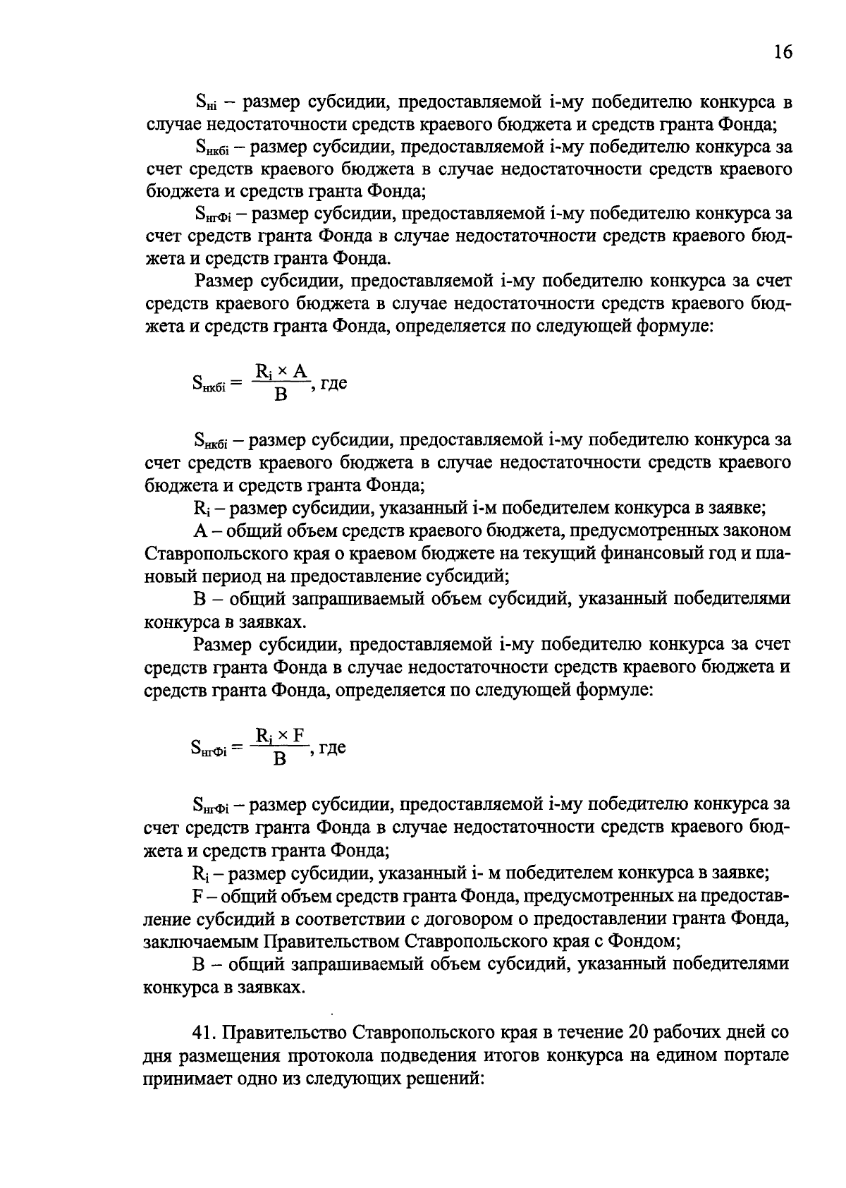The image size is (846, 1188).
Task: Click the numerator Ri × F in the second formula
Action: (281, 736)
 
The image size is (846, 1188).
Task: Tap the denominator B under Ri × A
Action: (281, 395)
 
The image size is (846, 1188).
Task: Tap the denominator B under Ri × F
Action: (280, 759)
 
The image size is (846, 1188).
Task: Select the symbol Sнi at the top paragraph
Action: (205, 103)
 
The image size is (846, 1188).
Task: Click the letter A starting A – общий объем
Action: (199, 531)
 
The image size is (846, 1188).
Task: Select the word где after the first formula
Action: (333, 383)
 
